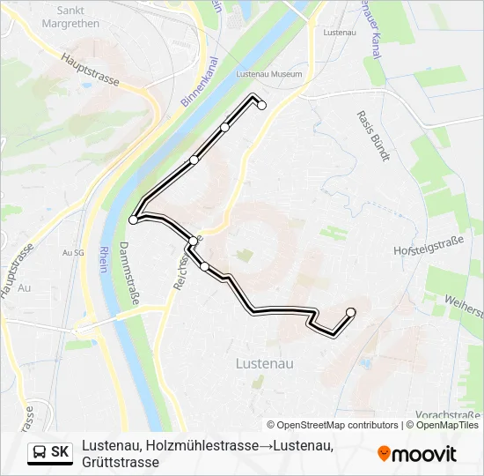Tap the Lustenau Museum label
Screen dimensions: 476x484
[x=269, y=75]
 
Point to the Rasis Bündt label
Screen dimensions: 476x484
[x=372, y=137]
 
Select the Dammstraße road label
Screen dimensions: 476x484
[x=129, y=273]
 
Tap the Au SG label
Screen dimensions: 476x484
[x=72, y=253]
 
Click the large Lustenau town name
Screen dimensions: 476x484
[x=265, y=362]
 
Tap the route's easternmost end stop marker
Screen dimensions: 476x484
[x=351, y=312]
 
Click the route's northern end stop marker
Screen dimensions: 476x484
[x=261, y=106]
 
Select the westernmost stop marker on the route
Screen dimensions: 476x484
[x=133, y=219]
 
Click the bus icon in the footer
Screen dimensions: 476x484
[x=40, y=453]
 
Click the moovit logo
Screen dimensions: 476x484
[x=417, y=454]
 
